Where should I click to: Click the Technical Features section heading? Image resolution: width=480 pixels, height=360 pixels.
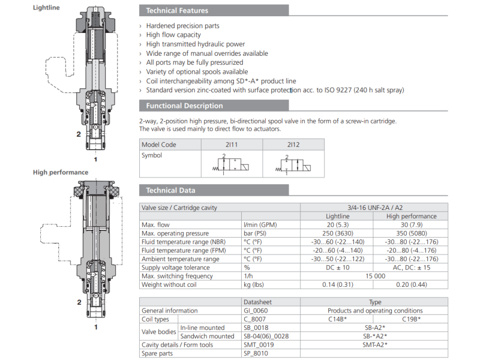pos(178,10)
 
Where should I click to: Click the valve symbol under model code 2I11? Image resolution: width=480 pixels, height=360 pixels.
pos(231,164)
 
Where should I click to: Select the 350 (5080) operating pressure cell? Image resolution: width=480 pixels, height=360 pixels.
pos(411,233)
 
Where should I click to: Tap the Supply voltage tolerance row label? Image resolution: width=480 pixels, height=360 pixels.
pos(176,268)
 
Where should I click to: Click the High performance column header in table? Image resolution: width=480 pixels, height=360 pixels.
pos(411,216)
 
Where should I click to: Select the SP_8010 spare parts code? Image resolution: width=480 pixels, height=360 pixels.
pos(257,353)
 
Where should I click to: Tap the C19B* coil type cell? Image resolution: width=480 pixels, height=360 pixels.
pos(411,319)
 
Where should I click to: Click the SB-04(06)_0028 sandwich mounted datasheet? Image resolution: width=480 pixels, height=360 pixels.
pos(270,336)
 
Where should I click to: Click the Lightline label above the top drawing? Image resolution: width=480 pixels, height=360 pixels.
pos(46,7)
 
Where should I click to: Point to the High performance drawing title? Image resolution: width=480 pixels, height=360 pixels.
pos(61,172)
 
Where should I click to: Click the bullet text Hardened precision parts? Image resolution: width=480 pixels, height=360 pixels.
pos(183,26)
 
